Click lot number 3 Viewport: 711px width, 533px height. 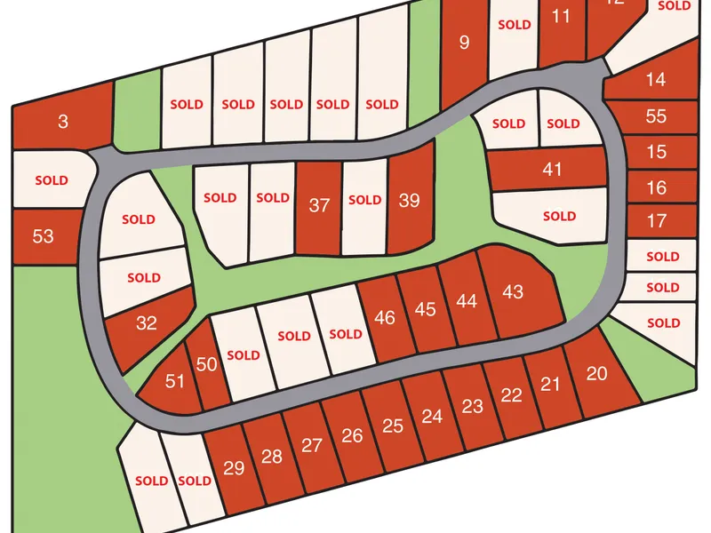(62, 122)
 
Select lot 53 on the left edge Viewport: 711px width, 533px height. (43, 236)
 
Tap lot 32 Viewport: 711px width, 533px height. (147, 323)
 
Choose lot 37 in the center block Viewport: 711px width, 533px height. (319, 205)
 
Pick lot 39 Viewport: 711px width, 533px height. (409, 201)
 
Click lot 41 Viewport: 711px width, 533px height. (552, 169)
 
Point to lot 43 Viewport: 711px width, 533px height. (513, 291)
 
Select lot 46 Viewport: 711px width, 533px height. (385, 317)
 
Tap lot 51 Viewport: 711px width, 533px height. (175, 382)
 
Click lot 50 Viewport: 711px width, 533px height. (206, 364)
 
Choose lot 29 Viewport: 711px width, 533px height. (234, 468)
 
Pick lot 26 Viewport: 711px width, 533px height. (352, 435)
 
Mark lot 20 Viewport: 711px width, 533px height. (597, 374)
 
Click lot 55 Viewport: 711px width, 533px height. (656, 116)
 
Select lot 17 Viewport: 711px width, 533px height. (656, 220)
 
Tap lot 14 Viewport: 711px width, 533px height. (656, 80)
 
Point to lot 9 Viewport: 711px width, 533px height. (463, 42)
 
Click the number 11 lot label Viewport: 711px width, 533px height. (561, 16)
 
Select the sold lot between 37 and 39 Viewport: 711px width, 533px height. (364, 201)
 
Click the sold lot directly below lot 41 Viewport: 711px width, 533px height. (559, 216)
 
